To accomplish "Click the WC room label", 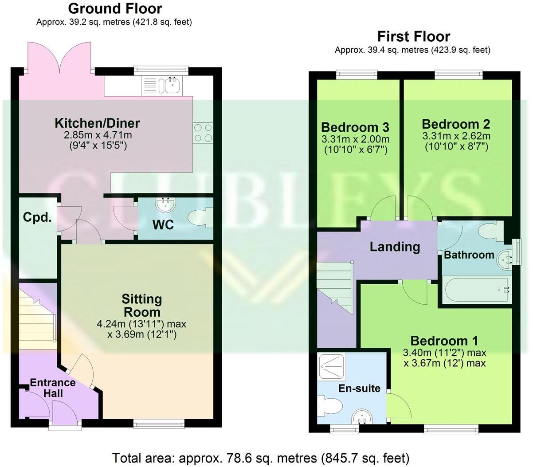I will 163,225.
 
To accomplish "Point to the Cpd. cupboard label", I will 37,217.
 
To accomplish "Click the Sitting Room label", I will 142,305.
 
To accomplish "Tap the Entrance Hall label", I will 52,388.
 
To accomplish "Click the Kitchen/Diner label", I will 97,123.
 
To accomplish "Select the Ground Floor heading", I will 115,8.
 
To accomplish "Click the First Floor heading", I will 413,36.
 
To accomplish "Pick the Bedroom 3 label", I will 355,127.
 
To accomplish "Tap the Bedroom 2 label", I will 456,124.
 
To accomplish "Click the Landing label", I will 395,247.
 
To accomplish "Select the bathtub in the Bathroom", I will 475,290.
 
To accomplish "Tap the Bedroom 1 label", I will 444,341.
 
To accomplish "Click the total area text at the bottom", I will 261,457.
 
